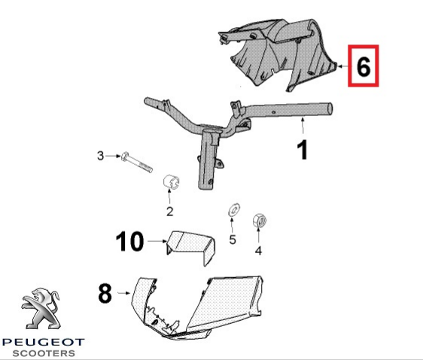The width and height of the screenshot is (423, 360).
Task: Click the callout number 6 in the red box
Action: coord(363,66)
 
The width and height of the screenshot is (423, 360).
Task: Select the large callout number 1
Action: coord(303,150)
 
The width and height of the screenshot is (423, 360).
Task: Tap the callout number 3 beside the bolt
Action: coord(100,156)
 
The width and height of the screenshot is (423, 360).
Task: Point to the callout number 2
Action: coord(169,212)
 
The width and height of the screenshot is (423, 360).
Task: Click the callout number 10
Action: coord(129,241)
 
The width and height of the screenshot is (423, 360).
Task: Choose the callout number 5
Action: coord(233,239)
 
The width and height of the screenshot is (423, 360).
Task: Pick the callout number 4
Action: coord(258,251)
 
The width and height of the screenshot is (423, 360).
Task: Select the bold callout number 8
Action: coord(105,293)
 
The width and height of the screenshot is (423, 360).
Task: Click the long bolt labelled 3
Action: coord(137,162)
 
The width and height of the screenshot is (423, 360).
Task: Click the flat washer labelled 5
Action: coord(234,209)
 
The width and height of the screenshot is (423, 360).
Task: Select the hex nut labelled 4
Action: coord(259,221)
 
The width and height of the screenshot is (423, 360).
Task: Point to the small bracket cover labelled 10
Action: coord(190,247)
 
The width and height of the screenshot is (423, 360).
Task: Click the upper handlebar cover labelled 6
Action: coord(278,54)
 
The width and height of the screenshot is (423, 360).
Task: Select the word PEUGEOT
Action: coord(43,343)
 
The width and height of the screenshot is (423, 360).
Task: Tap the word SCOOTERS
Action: coord(44,353)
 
